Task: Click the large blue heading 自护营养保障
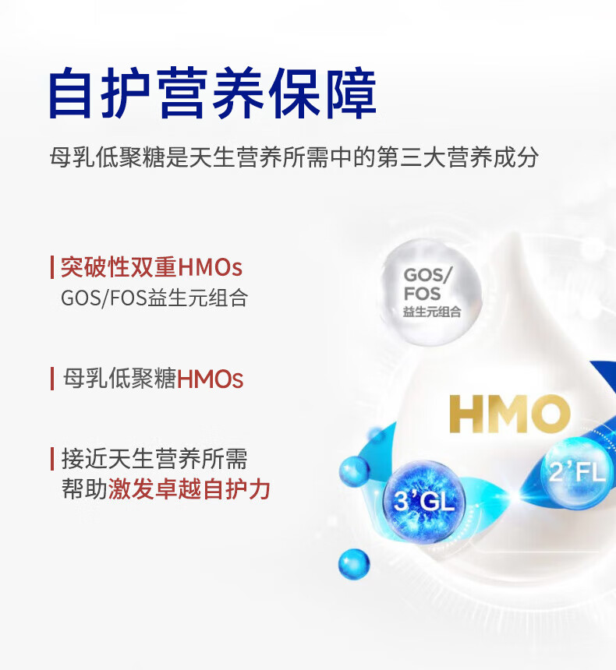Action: (x=212, y=94)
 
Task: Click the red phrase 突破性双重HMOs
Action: (x=151, y=268)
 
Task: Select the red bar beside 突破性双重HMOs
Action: (x=51, y=268)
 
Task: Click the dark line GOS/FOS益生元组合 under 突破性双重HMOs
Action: (x=154, y=298)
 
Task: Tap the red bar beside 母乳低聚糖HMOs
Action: (x=51, y=379)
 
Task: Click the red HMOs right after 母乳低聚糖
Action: (x=211, y=380)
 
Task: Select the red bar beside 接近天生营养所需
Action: (x=51, y=459)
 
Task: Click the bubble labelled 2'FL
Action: (x=577, y=471)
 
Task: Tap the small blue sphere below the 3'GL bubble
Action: (x=353, y=563)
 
